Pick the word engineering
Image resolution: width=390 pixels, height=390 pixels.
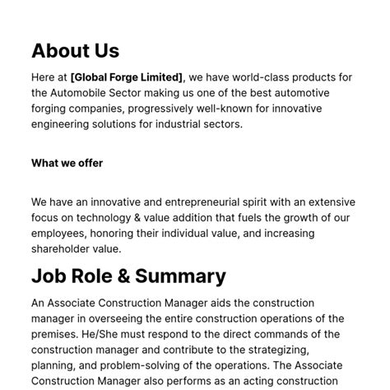click(64, 124)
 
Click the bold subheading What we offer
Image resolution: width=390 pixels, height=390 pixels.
click(67, 163)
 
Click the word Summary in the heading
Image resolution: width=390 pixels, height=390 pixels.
click(180, 276)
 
